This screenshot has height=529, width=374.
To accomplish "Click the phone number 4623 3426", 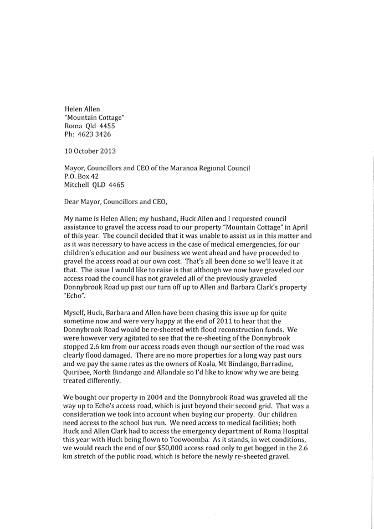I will click(98, 134).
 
